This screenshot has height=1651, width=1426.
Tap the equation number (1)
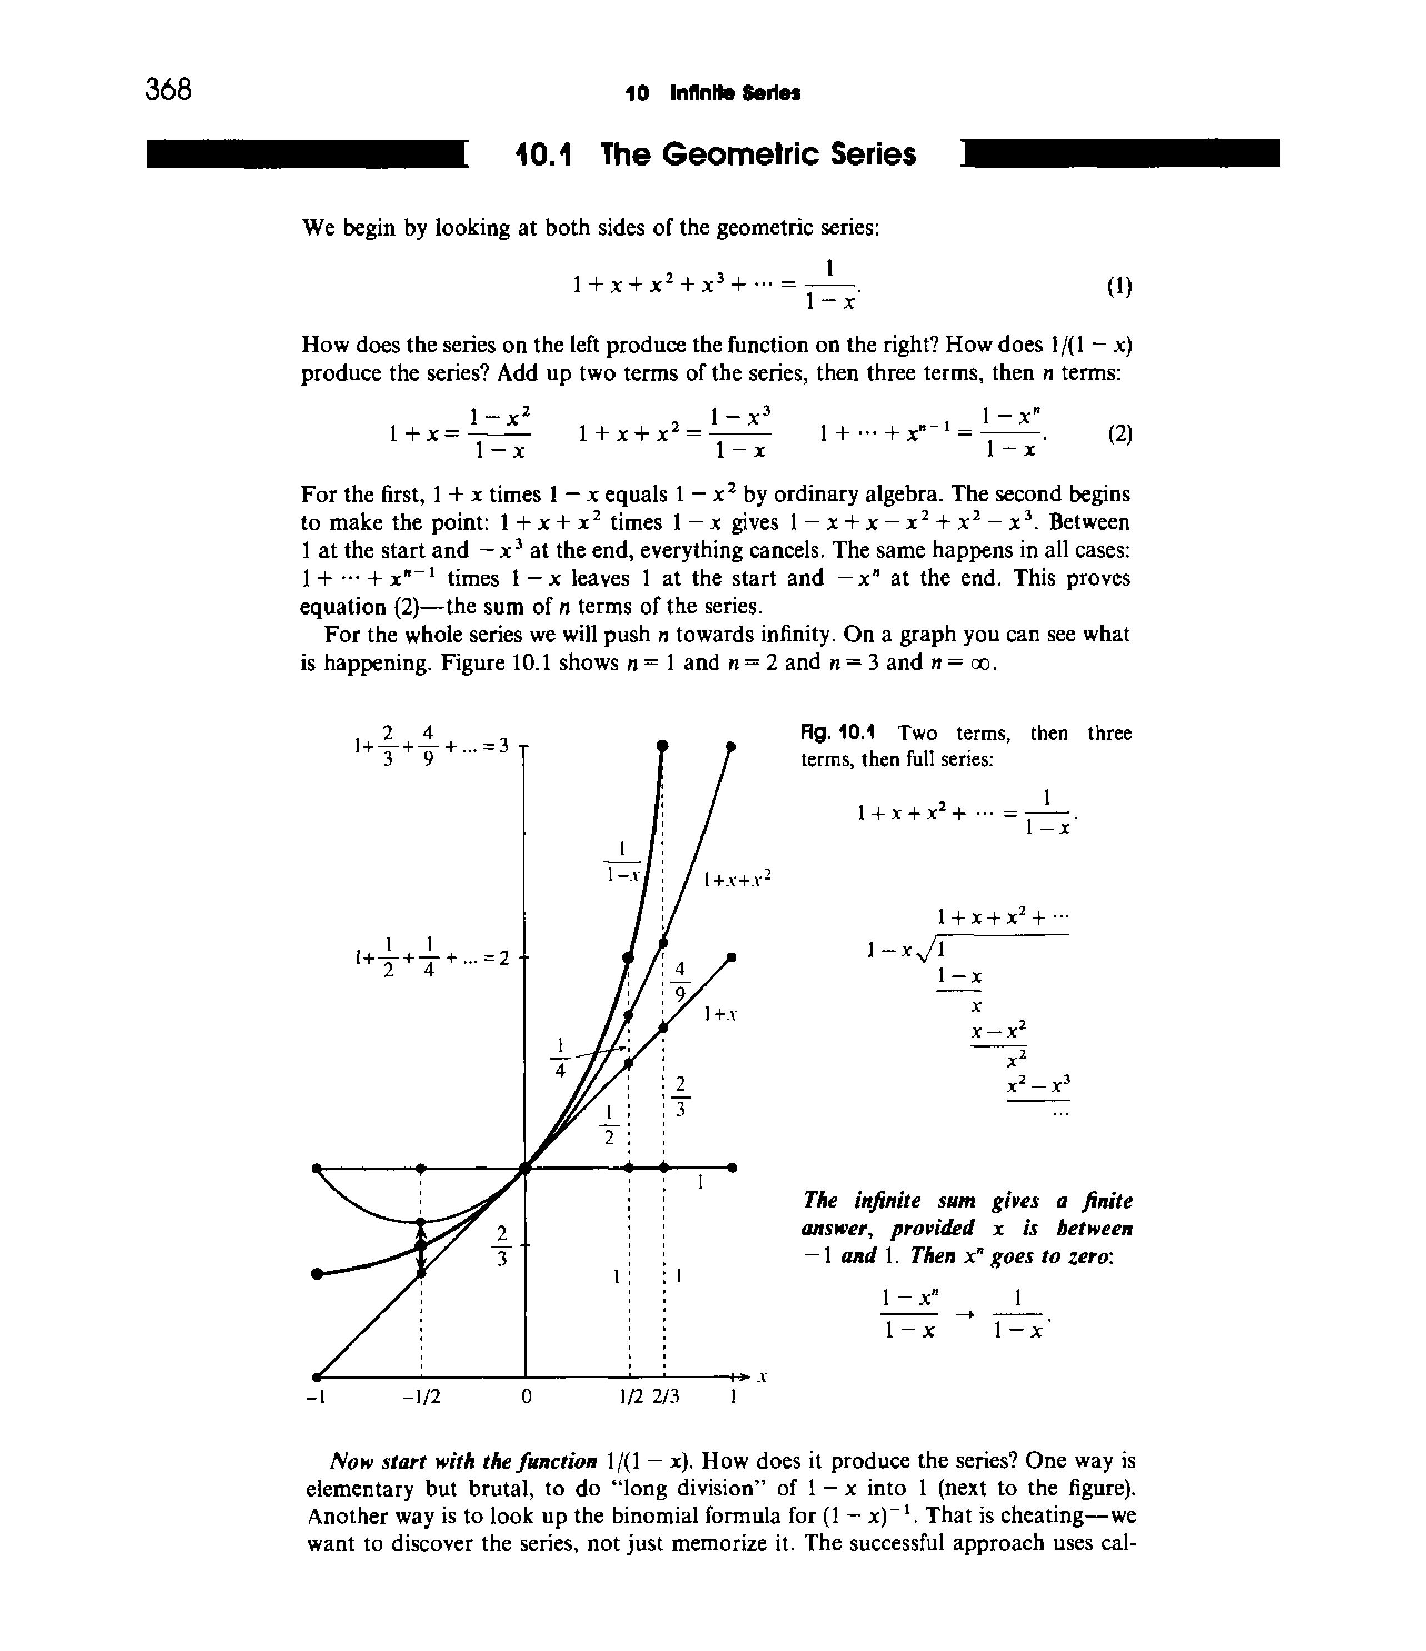[1119, 287]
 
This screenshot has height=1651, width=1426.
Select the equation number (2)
[1119, 434]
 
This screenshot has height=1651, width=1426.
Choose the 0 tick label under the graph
[526, 1397]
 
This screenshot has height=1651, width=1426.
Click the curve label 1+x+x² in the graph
[738, 880]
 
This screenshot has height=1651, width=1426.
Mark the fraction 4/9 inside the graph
[679, 982]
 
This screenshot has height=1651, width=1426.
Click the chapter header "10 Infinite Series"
[713, 93]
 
